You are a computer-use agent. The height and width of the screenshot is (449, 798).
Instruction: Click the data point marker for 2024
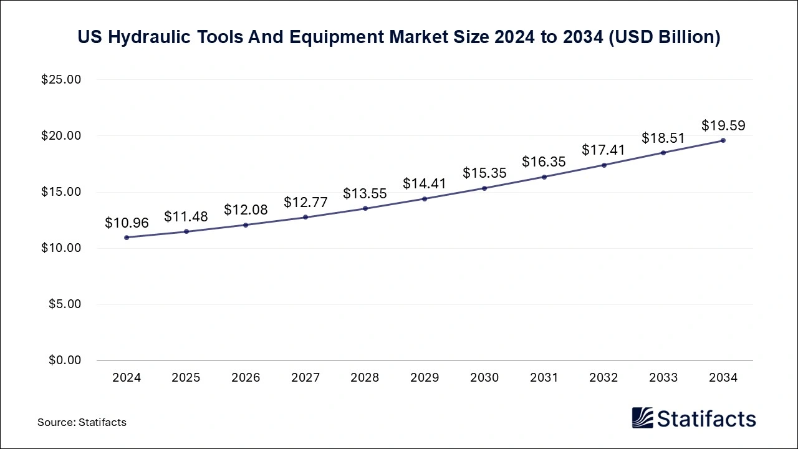click(x=127, y=238)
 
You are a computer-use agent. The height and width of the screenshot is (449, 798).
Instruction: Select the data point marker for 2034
click(x=723, y=140)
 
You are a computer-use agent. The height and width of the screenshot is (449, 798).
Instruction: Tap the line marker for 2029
click(x=425, y=199)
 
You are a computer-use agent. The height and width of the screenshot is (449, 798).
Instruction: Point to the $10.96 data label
click(x=127, y=223)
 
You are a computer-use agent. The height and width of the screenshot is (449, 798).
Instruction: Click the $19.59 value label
click(x=723, y=125)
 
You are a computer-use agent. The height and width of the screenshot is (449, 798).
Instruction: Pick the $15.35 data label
click(x=484, y=173)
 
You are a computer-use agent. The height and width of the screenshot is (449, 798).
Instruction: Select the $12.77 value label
click(x=305, y=202)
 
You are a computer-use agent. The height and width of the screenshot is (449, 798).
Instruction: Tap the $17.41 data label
click(x=603, y=150)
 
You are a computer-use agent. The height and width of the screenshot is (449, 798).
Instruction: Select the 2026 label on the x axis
click(x=246, y=378)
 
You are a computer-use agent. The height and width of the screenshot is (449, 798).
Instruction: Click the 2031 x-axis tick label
click(x=544, y=378)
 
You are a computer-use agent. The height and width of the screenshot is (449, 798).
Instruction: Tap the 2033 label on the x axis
click(x=663, y=378)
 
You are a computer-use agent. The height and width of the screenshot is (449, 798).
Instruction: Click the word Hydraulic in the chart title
click(x=150, y=37)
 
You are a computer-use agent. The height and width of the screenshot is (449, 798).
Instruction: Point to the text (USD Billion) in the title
click(x=665, y=37)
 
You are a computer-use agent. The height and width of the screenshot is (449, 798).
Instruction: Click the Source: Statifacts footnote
click(x=82, y=422)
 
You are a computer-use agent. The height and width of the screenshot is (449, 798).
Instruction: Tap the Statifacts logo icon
click(x=642, y=418)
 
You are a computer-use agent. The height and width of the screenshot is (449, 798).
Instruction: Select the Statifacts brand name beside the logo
click(x=706, y=418)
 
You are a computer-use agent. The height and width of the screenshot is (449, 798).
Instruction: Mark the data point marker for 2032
click(x=603, y=165)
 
